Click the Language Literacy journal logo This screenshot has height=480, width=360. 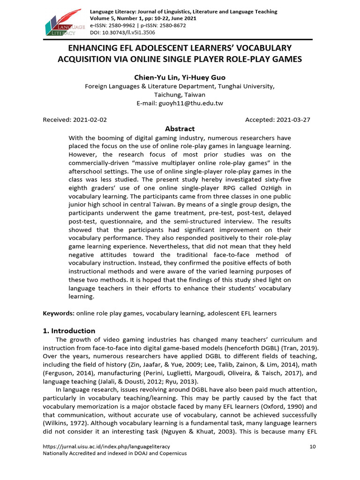(x=64, y=22)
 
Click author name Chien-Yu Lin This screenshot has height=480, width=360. (x=151, y=77)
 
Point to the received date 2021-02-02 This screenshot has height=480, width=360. (x=90, y=120)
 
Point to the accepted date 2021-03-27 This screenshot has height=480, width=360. (x=293, y=120)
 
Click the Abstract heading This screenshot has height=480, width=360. (x=180, y=129)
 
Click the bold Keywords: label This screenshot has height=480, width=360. (x=59, y=313)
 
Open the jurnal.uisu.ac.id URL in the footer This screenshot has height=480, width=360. (x=106, y=446)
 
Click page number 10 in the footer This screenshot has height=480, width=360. (x=313, y=446)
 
